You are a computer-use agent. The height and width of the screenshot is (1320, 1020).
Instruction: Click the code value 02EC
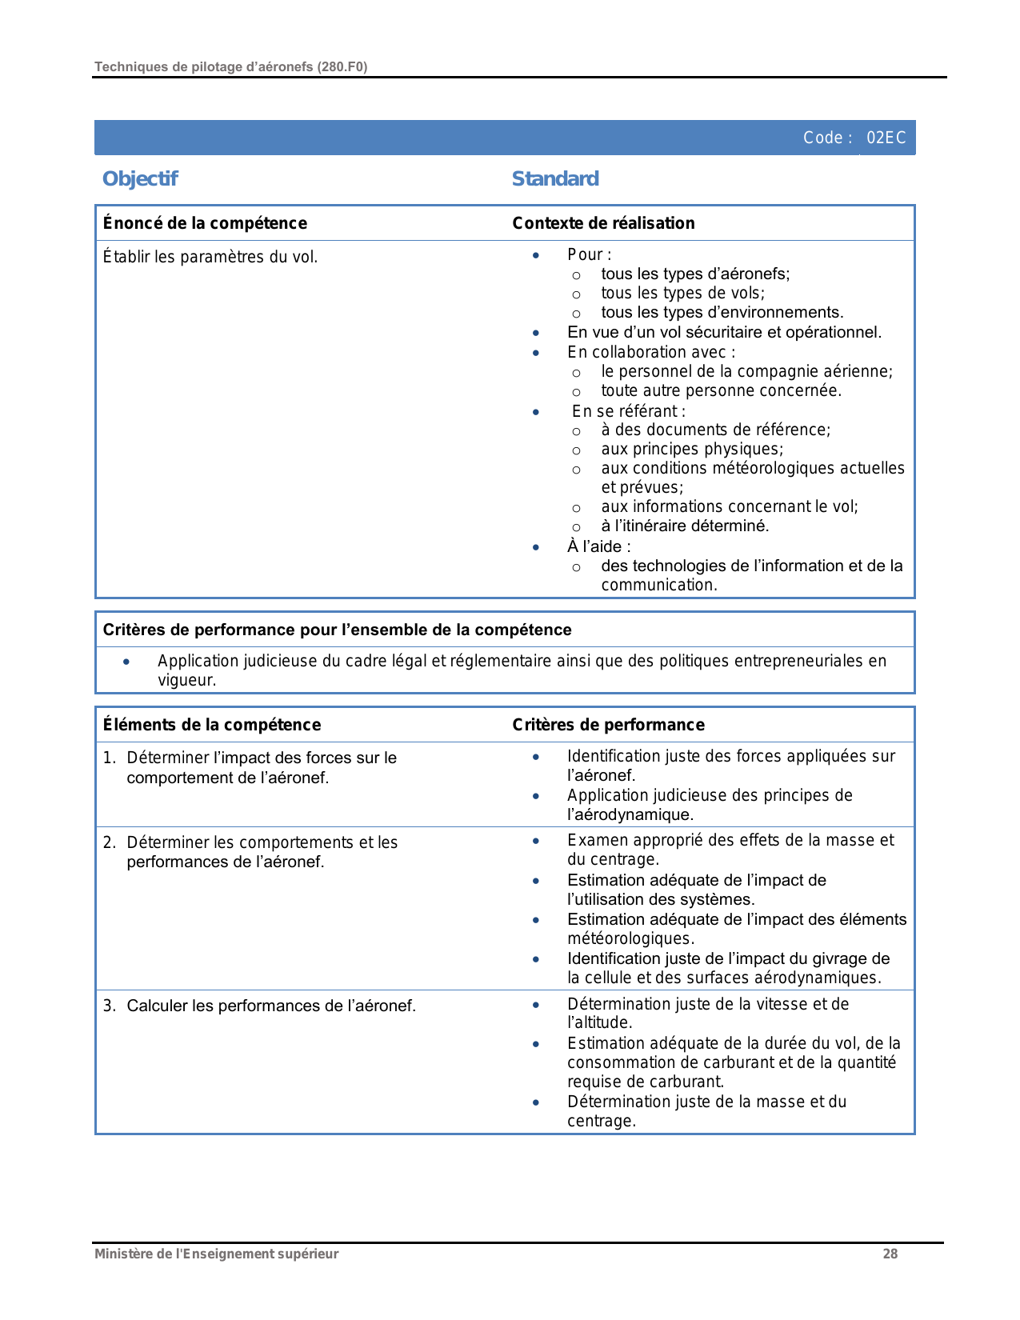tap(886, 138)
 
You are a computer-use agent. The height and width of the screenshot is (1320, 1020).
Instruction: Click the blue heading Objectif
tap(140, 178)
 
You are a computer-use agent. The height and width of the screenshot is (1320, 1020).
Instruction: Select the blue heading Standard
tap(554, 178)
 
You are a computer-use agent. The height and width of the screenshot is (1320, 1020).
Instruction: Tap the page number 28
tap(890, 1254)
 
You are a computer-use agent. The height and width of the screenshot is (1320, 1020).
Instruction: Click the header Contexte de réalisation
tap(603, 223)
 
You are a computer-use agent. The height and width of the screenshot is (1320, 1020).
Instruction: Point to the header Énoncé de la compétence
tap(205, 223)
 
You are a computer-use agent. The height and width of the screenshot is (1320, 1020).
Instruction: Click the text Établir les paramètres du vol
tap(210, 257)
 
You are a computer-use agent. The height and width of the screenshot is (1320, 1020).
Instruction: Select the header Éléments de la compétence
tap(212, 725)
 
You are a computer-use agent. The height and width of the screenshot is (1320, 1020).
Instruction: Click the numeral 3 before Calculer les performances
tap(108, 1006)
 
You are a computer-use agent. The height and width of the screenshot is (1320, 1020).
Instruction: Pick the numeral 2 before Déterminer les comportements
tap(108, 842)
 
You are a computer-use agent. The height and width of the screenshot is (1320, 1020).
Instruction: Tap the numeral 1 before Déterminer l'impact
tap(107, 758)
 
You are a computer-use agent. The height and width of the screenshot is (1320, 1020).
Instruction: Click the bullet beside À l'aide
tap(536, 547)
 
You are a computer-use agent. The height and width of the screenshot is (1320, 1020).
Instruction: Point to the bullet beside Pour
tap(536, 255)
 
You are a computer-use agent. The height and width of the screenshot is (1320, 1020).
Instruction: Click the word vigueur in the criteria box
tap(186, 681)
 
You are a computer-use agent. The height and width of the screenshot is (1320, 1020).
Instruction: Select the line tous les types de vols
tap(682, 294)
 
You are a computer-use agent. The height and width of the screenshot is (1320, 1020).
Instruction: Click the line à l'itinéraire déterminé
tap(685, 526)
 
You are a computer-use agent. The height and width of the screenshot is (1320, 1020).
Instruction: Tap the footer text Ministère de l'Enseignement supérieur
tap(216, 1254)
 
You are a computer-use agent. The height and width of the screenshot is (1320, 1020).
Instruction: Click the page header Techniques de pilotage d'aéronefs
tap(230, 67)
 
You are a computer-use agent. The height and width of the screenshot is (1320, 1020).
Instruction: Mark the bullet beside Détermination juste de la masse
tap(536, 1102)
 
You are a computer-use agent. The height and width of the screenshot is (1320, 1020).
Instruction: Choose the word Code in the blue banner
tap(822, 138)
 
